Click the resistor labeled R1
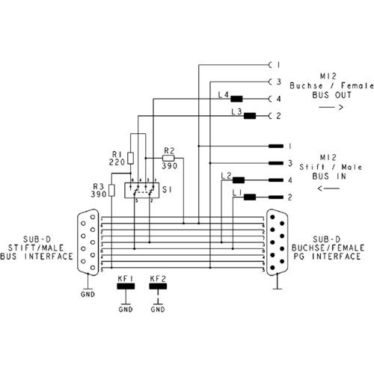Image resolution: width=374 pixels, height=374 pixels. [132, 158]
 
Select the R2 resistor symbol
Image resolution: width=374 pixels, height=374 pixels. [168, 159]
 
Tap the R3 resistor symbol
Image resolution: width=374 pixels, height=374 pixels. [112, 190]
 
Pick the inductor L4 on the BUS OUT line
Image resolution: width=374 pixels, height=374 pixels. [236, 99]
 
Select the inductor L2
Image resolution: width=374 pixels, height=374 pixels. [239, 180]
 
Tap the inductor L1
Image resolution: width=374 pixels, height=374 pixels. [250, 197]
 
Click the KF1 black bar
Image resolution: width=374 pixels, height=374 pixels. [125, 287]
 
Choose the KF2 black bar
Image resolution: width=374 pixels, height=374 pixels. [159, 287]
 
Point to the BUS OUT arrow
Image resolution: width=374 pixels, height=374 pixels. [330, 108]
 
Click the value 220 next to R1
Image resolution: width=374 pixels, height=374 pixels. [116, 161]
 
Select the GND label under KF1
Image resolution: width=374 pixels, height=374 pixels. [125, 309]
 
